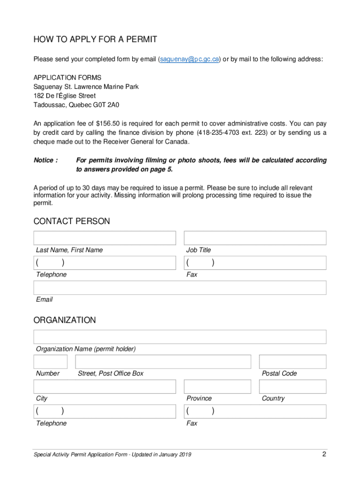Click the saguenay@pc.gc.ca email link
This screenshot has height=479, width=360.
(x=189, y=59)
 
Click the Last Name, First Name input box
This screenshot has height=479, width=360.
(x=105, y=238)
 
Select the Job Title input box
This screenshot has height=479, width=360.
(x=255, y=238)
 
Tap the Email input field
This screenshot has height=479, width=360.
(x=180, y=288)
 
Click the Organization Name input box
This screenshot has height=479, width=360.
(x=180, y=337)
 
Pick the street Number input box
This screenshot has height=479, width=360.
(x=50, y=362)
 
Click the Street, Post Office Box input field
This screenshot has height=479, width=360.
(x=163, y=362)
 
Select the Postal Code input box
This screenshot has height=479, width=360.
(x=293, y=362)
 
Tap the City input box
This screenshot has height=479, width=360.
(x=105, y=386)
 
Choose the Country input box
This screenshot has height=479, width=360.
(x=293, y=386)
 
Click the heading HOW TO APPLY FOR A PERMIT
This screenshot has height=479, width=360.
(x=95, y=39)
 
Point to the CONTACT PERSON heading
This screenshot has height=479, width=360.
(x=72, y=221)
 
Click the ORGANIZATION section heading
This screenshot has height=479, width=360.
(x=65, y=320)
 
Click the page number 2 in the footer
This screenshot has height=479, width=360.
(x=324, y=454)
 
